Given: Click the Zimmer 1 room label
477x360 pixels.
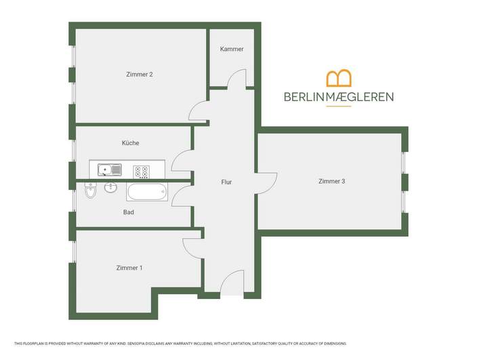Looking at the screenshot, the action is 129,268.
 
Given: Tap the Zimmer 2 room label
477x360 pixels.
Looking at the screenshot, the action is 140,75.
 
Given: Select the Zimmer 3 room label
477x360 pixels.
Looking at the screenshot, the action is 331,181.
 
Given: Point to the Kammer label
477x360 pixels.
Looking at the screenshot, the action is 232,49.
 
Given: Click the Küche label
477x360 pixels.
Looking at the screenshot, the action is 131,143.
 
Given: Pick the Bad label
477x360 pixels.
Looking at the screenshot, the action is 128,212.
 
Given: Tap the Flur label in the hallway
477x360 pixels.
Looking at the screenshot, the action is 226,182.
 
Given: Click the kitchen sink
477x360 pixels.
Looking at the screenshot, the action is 110,169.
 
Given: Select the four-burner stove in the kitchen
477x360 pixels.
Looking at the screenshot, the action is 142,172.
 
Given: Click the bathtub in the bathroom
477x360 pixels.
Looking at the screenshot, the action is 147,192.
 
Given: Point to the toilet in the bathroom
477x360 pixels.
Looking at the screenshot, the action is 90,190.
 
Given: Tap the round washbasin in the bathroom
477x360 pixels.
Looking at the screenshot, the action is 110,187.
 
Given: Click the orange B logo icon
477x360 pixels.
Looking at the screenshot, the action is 339,78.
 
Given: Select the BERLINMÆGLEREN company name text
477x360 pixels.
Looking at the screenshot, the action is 339,97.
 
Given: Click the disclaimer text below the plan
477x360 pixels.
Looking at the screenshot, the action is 180,344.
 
